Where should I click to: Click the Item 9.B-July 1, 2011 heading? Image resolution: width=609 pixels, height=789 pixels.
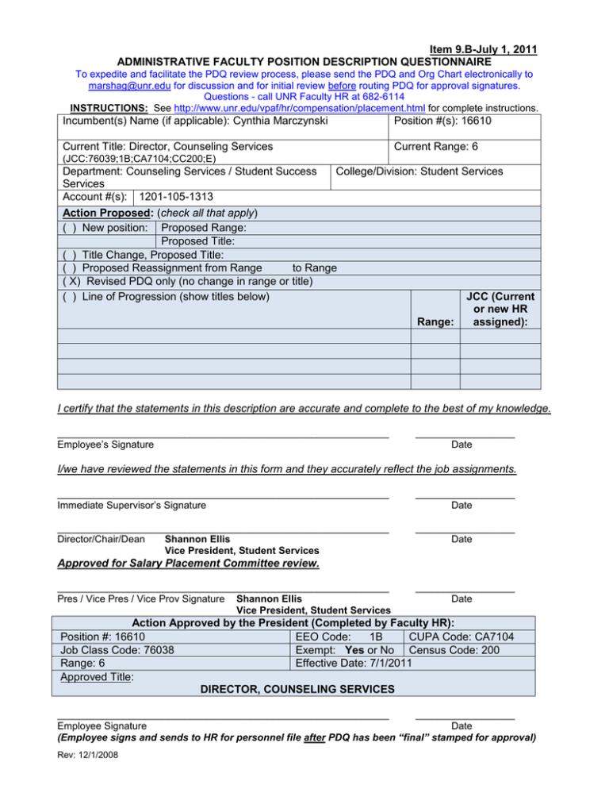pos(473,49)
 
